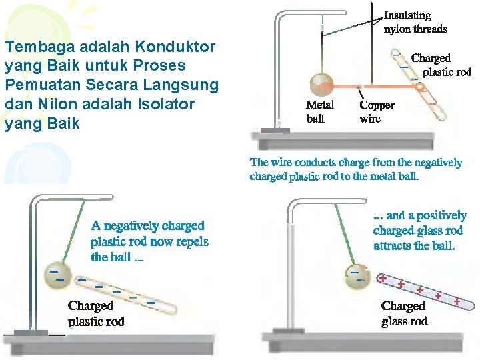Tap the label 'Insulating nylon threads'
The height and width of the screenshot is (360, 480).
(x=415, y=22)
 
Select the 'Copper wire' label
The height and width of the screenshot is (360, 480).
(x=377, y=112)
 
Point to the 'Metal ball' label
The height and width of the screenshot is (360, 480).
(x=319, y=112)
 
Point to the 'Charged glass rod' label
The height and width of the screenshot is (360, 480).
(x=404, y=313)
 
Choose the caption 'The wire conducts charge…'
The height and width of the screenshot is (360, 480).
(x=355, y=169)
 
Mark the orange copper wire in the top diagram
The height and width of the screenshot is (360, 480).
(x=373, y=87)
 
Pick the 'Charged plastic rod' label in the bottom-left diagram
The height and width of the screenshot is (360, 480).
(x=95, y=313)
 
